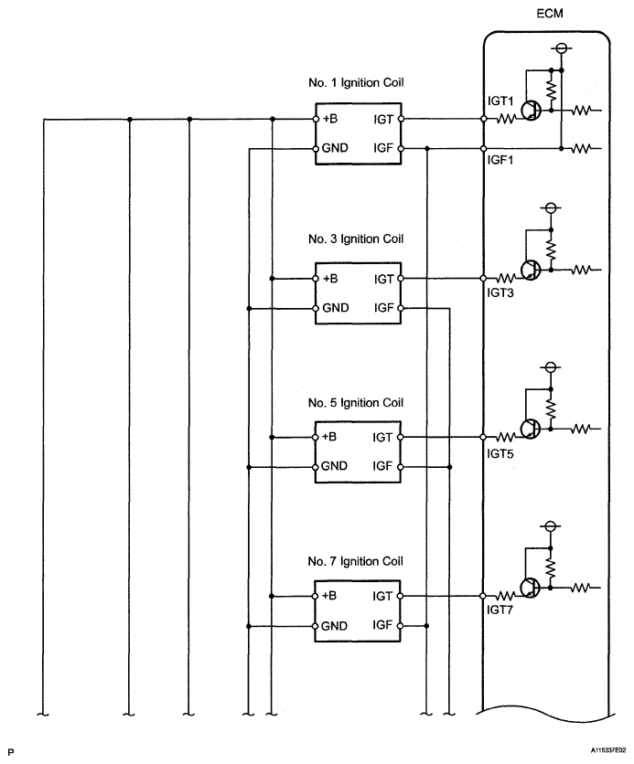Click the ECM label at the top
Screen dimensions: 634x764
(x=550, y=13)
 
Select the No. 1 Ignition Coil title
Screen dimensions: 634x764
(x=356, y=82)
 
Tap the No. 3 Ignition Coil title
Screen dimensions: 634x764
(x=356, y=239)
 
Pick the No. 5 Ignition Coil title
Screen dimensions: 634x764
(x=356, y=402)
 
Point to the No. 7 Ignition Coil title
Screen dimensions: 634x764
(x=356, y=561)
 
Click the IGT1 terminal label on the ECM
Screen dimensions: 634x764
(x=500, y=101)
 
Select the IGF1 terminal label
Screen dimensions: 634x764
(x=500, y=160)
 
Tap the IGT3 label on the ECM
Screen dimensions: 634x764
(x=500, y=292)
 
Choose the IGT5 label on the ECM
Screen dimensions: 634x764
(x=500, y=453)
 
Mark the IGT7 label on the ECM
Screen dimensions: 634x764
(x=500, y=610)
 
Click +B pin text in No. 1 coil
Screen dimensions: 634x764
(x=330, y=119)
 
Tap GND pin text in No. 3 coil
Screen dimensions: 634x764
(x=336, y=308)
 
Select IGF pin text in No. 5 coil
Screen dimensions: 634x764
(x=382, y=466)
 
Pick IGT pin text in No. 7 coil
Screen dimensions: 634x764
(x=382, y=596)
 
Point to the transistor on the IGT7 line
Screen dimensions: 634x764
(x=530, y=589)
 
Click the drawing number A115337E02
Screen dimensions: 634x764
(x=608, y=750)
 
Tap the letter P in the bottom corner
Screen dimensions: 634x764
(x=11, y=752)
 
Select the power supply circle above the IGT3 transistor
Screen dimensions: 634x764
(x=551, y=208)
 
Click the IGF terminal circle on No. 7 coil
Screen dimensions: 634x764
(x=401, y=626)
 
